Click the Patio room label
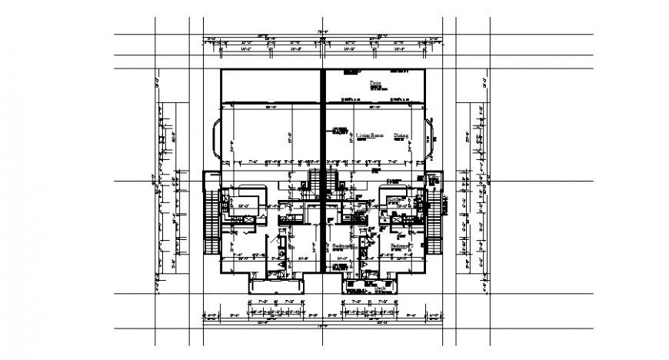coord(376,81)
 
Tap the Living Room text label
coord(369,135)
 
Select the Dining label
coord(401,135)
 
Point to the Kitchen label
coord(396,198)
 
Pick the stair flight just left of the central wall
coord(314,185)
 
